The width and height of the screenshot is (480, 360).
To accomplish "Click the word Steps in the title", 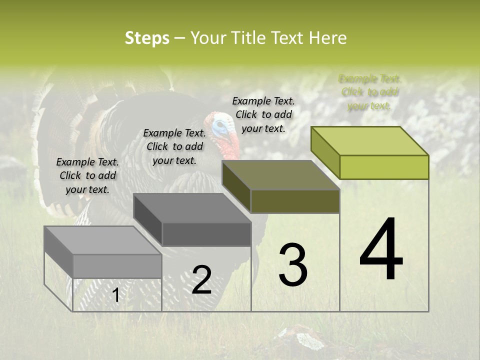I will [x=147, y=38].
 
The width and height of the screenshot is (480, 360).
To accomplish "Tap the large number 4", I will [x=381, y=249].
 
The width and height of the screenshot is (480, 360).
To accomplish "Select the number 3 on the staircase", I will [x=293, y=264].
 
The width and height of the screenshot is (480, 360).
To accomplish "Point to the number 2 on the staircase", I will [x=201, y=279].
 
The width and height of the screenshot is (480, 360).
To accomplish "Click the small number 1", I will [x=116, y=295].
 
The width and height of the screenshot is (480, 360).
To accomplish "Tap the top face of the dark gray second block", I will [x=192, y=208].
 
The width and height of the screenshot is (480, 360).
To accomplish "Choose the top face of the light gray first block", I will [x=102, y=240].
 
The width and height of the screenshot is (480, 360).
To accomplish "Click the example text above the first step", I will [x=87, y=175].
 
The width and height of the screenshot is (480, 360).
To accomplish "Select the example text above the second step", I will [x=174, y=146].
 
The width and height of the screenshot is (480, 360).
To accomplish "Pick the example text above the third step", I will [x=263, y=114].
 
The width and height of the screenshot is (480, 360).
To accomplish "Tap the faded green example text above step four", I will [x=369, y=92].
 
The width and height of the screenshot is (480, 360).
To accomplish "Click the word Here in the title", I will [x=327, y=38].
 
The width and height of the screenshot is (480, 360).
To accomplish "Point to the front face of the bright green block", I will [x=384, y=167].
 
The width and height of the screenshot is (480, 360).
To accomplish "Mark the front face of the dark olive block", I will [x=295, y=201].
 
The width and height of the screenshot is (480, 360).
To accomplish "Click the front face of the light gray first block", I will [x=117, y=266].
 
